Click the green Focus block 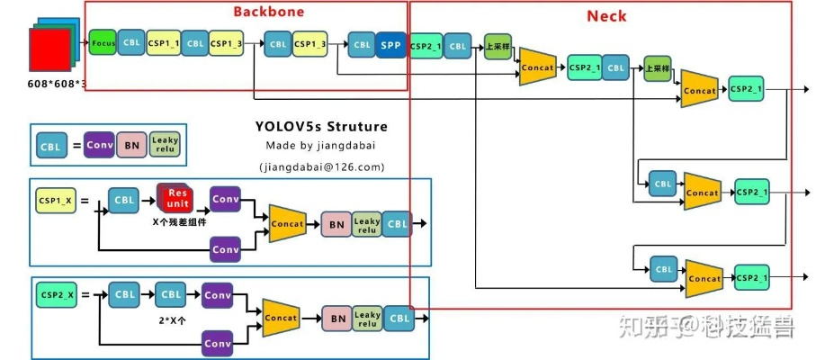coord(102,43)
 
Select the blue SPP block coord(390,44)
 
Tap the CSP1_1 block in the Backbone coord(163,43)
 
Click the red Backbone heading coord(268,12)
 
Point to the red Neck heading coord(606,16)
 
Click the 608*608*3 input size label coord(57,84)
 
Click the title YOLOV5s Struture coord(320,126)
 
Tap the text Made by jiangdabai coord(320,146)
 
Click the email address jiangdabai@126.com coord(321,166)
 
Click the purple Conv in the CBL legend coord(100,145)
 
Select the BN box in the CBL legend coord(131,145)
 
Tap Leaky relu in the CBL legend coord(166,145)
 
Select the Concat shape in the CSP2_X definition coord(282,318)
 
